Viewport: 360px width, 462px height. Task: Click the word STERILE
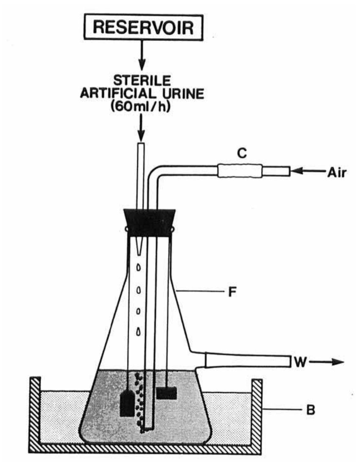(x=142, y=81)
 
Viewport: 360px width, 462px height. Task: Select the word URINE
(x=181, y=94)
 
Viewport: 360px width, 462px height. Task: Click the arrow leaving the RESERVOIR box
(x=142, y=55)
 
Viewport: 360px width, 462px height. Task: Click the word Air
(x=336, y=173)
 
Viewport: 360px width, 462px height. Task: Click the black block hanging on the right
(x=166, y=393)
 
